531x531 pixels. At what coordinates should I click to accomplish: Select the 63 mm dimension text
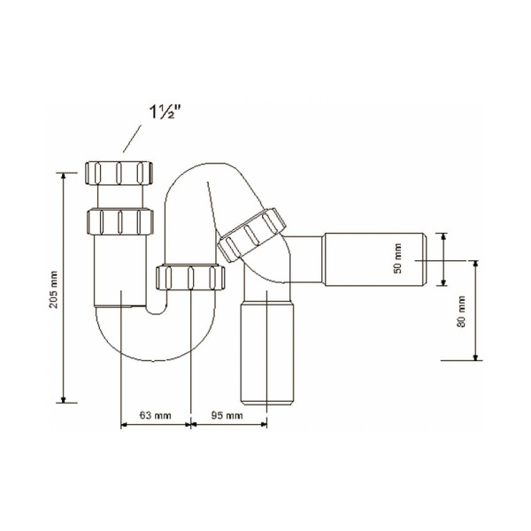[x=155, y=414]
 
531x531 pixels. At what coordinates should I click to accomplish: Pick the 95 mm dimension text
[x=227, y=414]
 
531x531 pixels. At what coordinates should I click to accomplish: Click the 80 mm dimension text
[x=459, y=312]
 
